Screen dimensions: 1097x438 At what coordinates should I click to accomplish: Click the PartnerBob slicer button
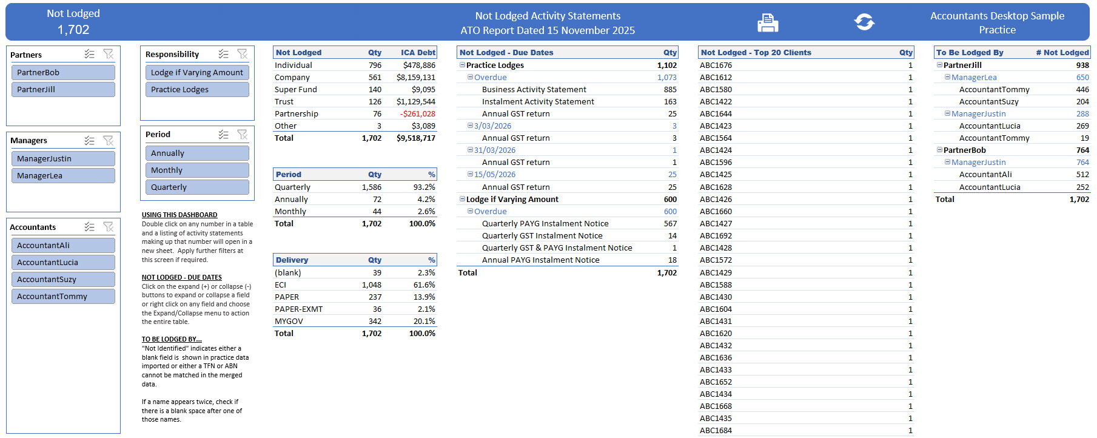click(63, 72)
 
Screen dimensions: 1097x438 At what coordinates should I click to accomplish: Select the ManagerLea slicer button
click(63, 175)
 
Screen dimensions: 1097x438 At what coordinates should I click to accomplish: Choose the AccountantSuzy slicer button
click(63, 279)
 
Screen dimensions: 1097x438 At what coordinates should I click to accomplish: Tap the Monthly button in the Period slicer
click(197, 170)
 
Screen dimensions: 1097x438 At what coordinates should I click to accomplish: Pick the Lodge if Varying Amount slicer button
click(197, 72)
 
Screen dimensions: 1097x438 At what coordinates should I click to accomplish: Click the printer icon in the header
click(768, 22)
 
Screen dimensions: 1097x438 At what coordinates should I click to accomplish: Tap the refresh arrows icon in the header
click(864, 22)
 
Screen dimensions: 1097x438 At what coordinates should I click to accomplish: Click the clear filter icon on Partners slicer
click(109, 54)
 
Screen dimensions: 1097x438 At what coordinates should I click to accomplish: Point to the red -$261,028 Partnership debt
click(417, 113)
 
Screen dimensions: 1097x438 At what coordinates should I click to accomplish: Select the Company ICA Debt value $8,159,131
click(416, 77)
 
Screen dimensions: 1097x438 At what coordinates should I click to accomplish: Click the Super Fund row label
click(296, 89)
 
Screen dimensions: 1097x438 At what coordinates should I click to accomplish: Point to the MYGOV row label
click(289, 321)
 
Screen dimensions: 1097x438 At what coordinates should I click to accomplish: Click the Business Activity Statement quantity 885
click(670, 89)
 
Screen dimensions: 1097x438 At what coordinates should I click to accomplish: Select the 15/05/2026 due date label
click(495, 174)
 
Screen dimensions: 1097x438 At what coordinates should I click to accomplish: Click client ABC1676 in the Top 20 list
click(716, 65)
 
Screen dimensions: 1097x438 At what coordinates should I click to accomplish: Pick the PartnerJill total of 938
click(1082, 65)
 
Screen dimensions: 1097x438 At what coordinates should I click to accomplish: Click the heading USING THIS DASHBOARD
click(179, 215)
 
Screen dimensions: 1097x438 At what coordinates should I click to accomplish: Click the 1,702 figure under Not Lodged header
click(73, 29)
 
